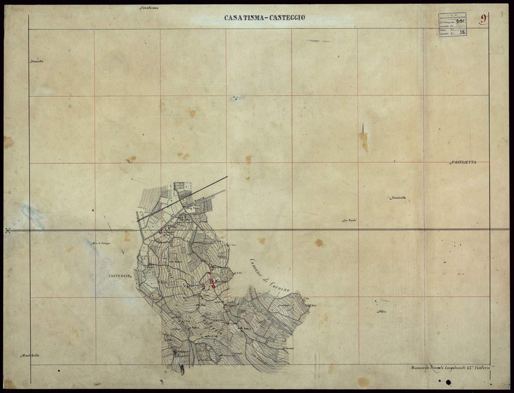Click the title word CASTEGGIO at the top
(x=287, y=18)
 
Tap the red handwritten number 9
(x=484, y=18)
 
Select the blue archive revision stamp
(x=452, y=24)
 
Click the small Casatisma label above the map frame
(x=149, y=8)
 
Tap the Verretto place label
(x=37, y=62)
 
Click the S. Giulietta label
(x=464, y=162)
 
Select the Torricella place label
(x=398, y=198)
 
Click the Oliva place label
(x=382, y=311)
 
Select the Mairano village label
(x=221, y=282)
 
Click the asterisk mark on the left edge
(x=8, y=230)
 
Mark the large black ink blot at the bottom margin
(x=449, y=382)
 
